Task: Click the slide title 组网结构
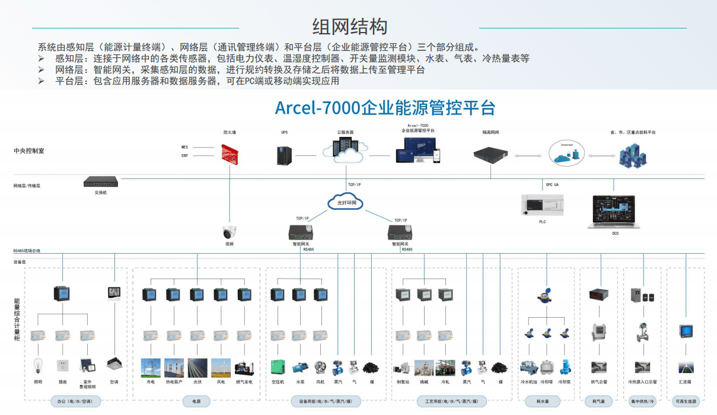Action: point(350,27)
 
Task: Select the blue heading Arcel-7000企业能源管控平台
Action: point(385,108)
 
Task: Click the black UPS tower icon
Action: point(284,155)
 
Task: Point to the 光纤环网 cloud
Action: point(345,203)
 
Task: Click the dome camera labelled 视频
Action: point(230,232)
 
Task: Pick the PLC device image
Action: point(542,205)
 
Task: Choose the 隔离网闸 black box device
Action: point(490,154)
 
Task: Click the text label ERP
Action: point(184,155)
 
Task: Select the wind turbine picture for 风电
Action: point(221,368)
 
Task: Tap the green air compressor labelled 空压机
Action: point(278,368)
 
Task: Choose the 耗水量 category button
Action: point(543,401)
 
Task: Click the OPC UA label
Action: point(552,185)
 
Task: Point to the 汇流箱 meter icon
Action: point(686,331)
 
